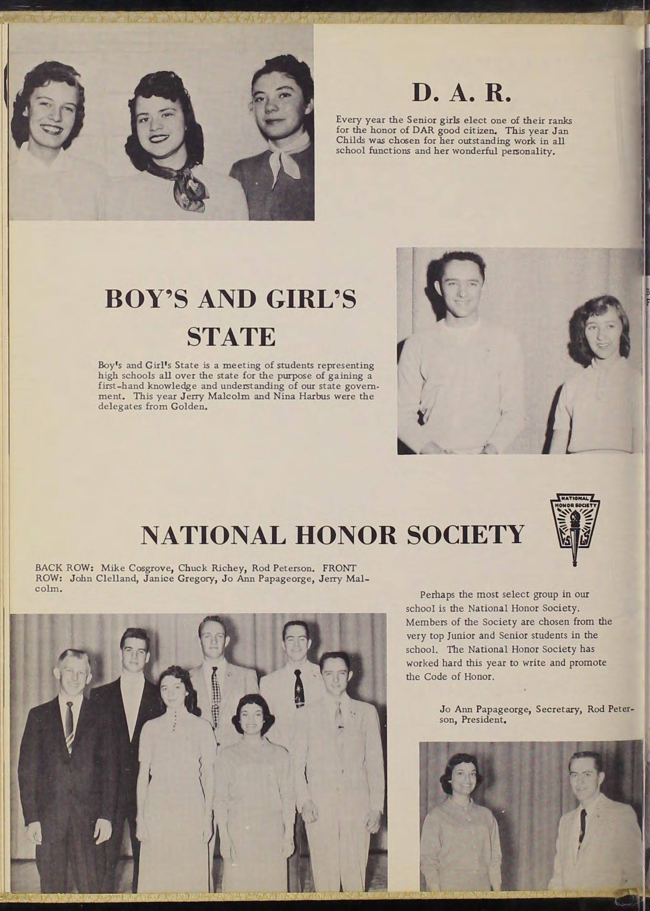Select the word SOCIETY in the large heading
click(465, 535)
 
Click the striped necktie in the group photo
click(69, 724)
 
